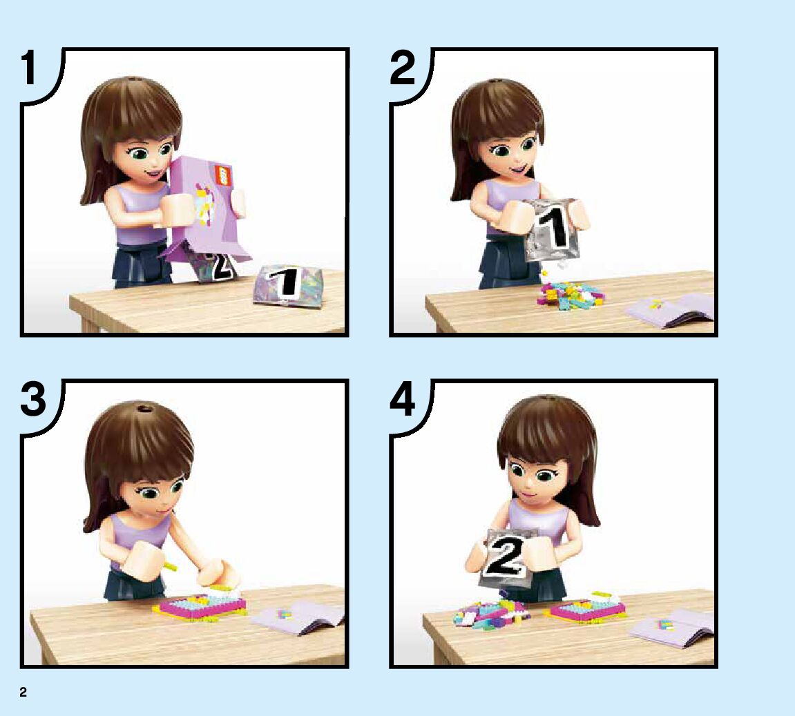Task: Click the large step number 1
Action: [x=28, y=68]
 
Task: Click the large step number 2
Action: [x=403, y=68]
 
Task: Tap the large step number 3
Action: [x=33, y=399]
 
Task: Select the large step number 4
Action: [x=403, y=399]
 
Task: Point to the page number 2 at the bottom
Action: [x=23, y=693]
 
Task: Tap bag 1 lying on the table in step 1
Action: [x=287, y=285]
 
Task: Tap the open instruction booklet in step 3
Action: [x=299, y=618]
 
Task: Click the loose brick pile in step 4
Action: [x=489, y=613]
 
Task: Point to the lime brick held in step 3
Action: [x=169, y=563]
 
